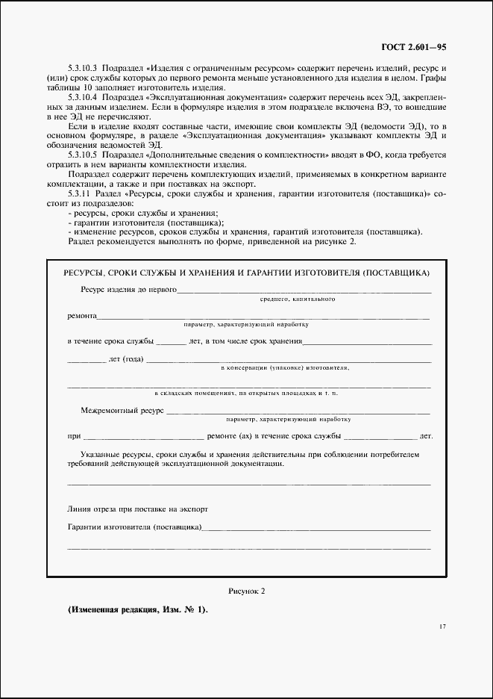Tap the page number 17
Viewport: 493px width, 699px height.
[442, 626]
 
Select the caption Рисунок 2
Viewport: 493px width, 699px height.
[246, 591]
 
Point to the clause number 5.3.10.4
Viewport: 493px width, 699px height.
[82, 98]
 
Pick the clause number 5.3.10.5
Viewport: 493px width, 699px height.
[82, 155]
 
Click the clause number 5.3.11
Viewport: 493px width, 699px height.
[78, 193]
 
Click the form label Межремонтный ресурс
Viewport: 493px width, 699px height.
[122, 409]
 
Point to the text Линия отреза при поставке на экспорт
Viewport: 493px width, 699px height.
[138, 509]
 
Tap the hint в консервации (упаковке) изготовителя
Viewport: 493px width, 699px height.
[286, 368]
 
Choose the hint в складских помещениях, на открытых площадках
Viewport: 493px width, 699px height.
[246, 393]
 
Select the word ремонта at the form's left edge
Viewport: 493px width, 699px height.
[81, 316]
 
